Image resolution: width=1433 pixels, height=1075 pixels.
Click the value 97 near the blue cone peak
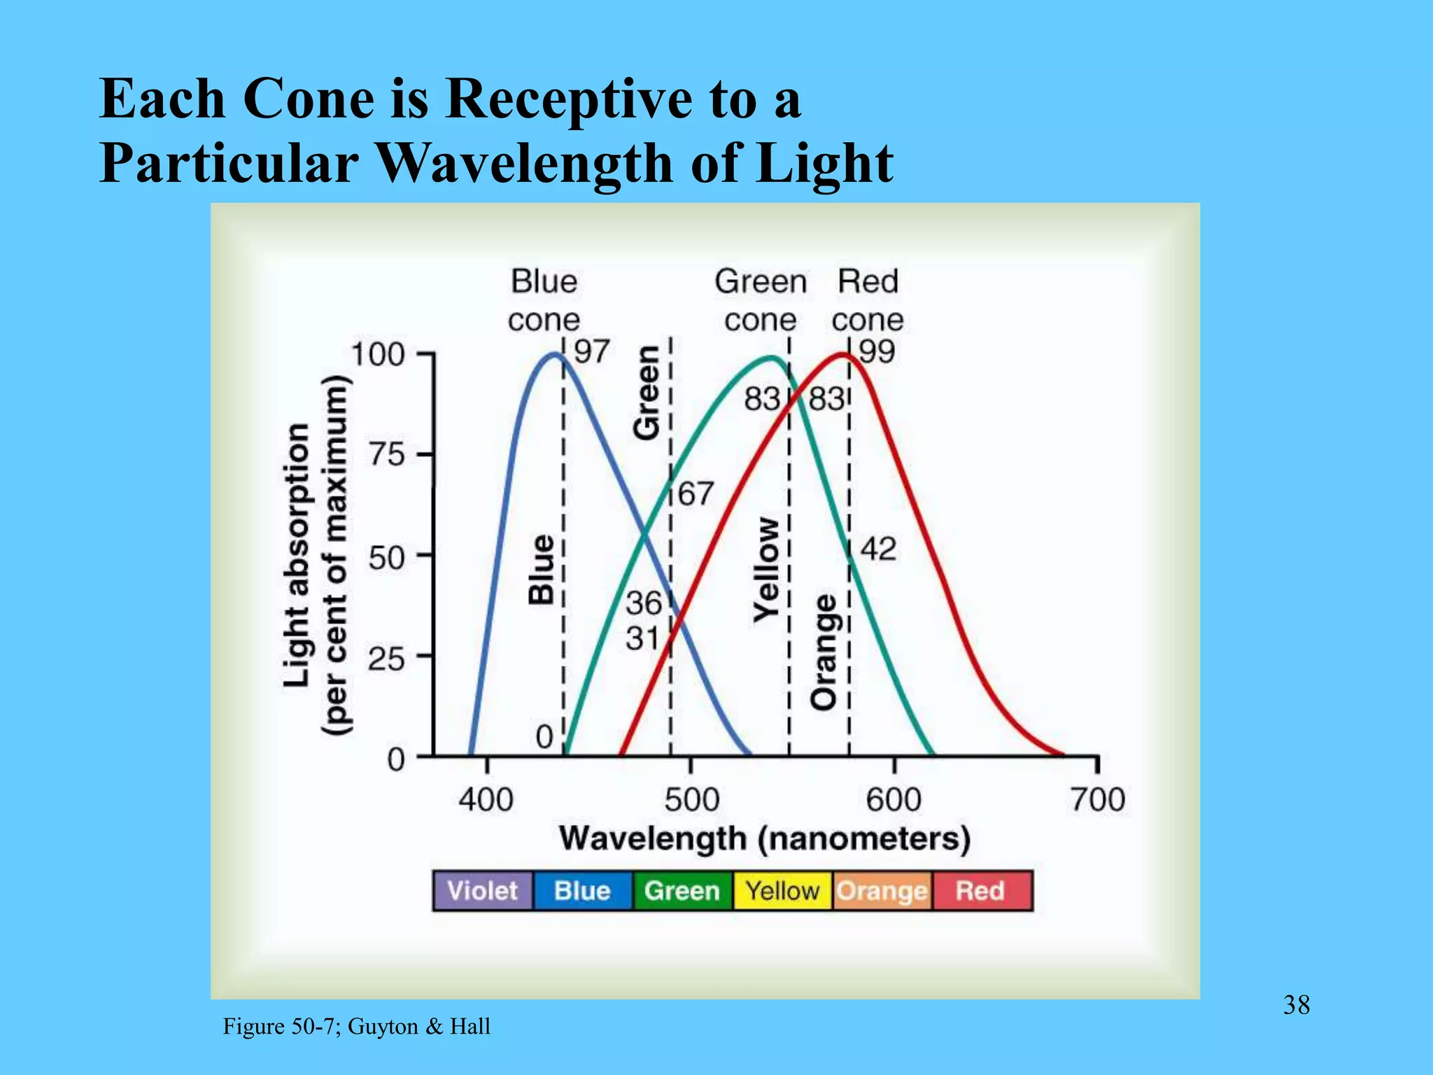(x=592, y=351)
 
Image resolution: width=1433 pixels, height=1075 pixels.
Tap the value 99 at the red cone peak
(x=877, y=351)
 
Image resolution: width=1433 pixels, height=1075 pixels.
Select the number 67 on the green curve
(x=696, y=494)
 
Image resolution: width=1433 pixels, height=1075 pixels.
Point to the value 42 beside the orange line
(x=878, y=549)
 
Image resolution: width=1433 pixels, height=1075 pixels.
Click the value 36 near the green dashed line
(x=643, y=603)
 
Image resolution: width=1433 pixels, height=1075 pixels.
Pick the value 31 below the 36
(x=642, y=638)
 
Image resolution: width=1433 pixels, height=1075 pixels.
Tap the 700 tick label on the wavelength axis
(x=1097, y=799)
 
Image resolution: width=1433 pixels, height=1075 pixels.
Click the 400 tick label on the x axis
(x=486, y=799)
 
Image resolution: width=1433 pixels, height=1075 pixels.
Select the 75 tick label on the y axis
(x=387, y=456)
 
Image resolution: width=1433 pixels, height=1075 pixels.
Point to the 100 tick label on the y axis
(x=378, y=355)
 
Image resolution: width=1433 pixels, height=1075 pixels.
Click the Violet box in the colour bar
(x=482, y=891)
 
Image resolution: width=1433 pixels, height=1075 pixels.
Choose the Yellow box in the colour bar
(x=782, y=891)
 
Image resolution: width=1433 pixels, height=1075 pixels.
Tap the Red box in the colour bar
(x=981, y=891)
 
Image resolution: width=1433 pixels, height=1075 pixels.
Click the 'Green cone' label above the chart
(x=761, y=301)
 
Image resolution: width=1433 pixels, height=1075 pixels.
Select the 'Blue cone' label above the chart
(x=544, y=301)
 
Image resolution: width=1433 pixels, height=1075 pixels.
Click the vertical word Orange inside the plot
(x=824, y=652)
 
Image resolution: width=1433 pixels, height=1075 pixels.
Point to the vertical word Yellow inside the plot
(x=767, y=570)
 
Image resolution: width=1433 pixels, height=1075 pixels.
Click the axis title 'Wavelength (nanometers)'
(x=765, y=838)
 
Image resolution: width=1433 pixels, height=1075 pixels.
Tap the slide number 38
(x=1296, y=1005)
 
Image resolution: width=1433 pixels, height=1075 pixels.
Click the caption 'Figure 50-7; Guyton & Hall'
(x=356, y=1027)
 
